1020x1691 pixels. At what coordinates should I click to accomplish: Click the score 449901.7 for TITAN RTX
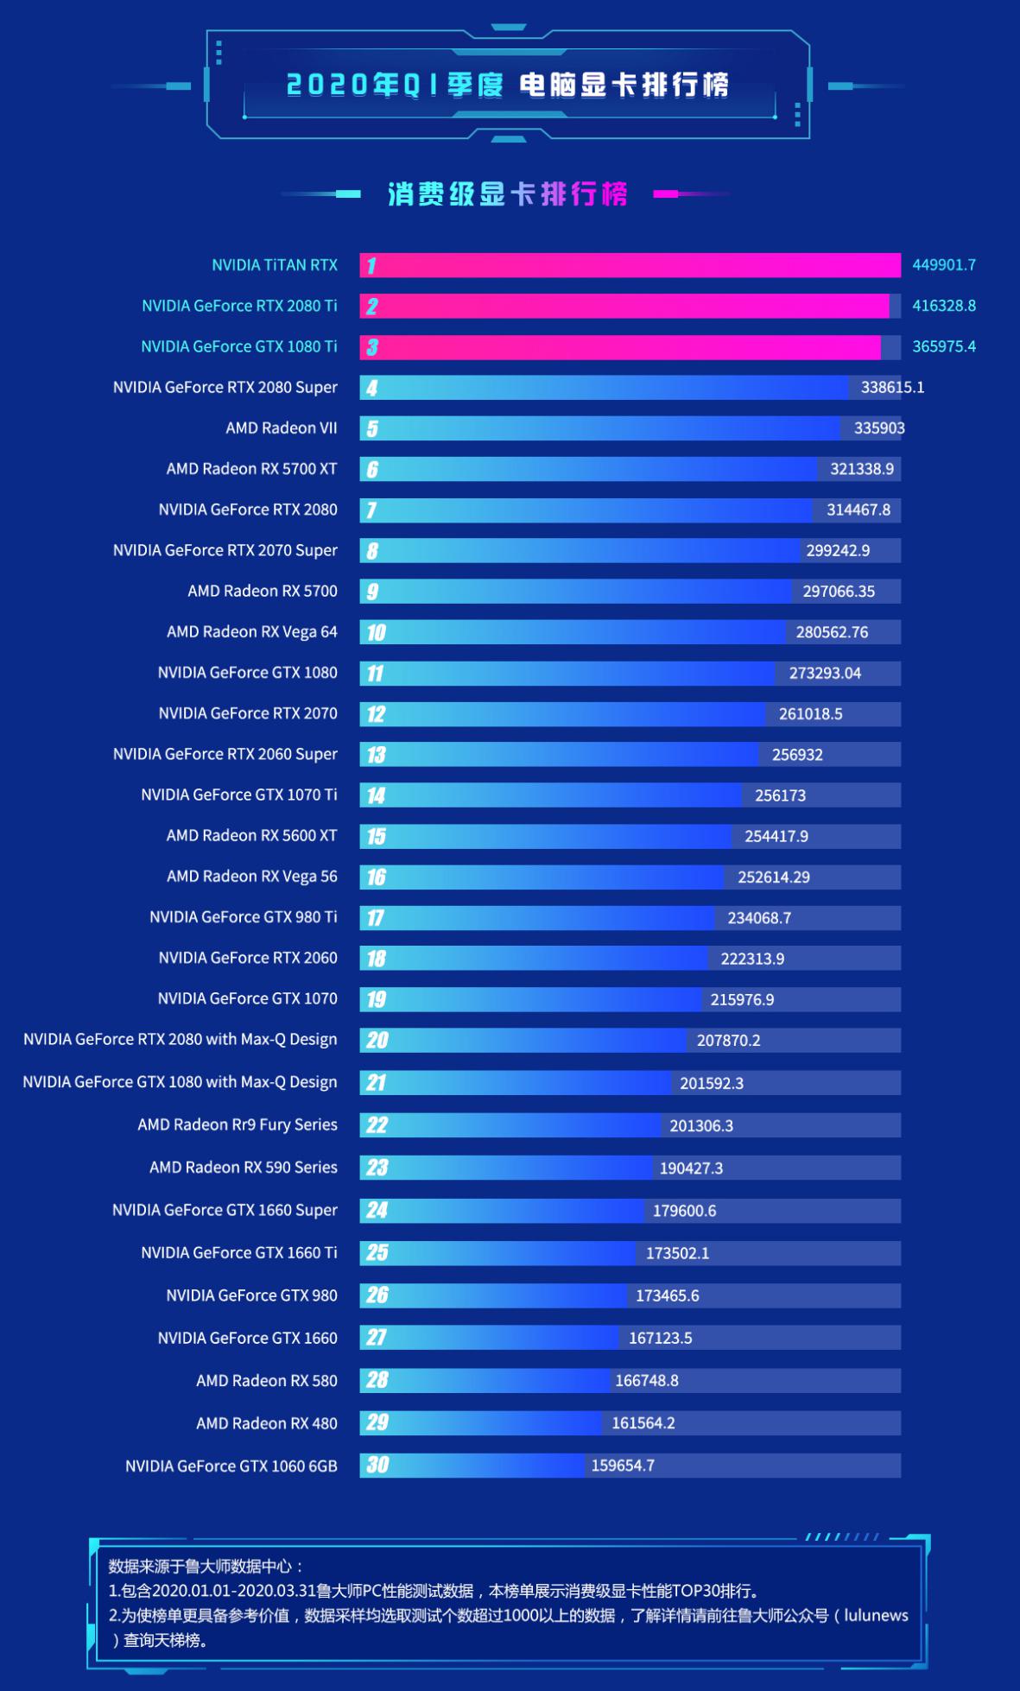click(943, 265)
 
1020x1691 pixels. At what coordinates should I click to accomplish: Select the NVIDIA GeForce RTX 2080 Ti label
click(239, 306)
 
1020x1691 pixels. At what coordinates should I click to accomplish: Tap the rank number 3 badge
click(372, 347)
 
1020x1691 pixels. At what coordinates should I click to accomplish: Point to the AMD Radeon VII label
click(281, 428)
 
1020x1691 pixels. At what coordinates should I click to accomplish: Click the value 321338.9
click(861, 469)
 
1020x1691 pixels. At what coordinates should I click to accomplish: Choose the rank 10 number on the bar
click(376, 633)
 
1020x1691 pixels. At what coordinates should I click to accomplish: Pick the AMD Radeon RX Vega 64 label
click(251, 632)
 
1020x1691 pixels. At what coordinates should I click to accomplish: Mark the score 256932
click(796, 755)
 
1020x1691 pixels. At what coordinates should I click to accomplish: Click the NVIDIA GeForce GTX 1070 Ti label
click(238, 795)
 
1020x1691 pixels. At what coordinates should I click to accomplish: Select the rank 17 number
click(375, 918)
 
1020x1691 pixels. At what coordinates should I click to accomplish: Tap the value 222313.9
click(752, 959)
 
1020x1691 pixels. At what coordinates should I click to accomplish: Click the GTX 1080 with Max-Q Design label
click(180, 1082)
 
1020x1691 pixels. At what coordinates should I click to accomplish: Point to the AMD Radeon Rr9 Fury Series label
click(237, 1124)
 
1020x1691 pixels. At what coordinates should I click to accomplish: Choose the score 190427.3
click(691, 1168)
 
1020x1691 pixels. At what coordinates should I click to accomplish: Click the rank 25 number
click(377, 1253)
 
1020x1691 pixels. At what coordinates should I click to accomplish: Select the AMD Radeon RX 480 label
click(266, 1423)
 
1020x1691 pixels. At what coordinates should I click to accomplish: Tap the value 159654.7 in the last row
click(622, 1466)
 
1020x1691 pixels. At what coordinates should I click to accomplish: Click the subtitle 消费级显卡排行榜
click(507, 194)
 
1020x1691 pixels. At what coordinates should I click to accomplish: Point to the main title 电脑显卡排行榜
click(624, 85)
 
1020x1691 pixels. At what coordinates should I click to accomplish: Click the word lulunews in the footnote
click(876, 1615)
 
